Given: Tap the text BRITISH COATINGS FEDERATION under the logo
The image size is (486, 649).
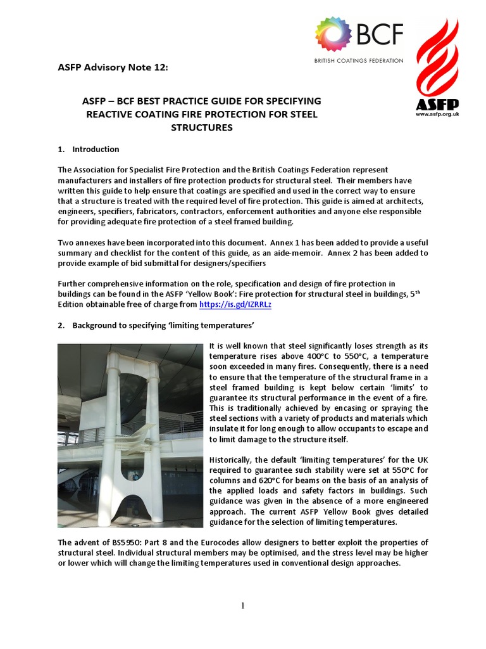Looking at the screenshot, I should point(358,60).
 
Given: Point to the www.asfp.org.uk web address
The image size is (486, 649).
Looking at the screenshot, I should point(437,115).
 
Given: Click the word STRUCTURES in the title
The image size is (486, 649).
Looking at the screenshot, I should point(202,127).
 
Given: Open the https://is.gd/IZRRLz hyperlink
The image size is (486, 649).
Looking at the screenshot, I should point(235,305).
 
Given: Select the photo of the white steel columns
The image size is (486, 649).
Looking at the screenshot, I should point(130,435).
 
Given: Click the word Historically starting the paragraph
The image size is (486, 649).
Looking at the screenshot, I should point(233,459).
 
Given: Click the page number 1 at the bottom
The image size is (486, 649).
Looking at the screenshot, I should point(243,606).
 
